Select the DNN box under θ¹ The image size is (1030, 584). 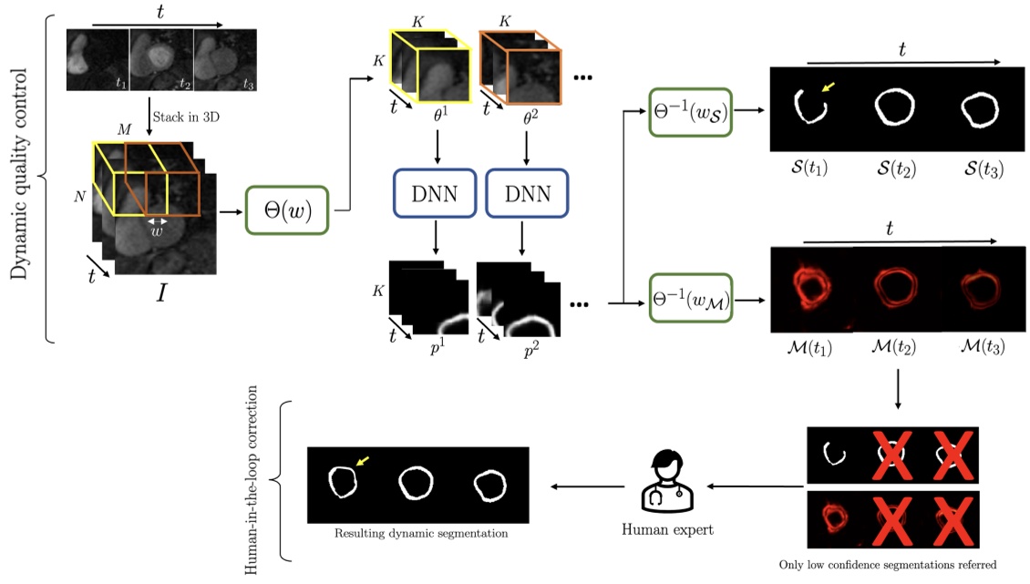pos(435,194)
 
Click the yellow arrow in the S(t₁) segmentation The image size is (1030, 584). pos(829,87)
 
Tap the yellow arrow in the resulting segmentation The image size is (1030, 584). pos(364,463)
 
